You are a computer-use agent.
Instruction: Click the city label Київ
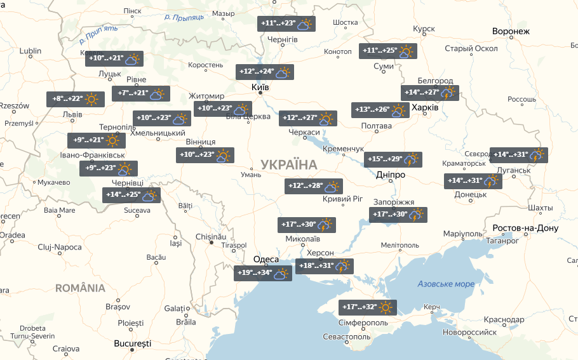260,87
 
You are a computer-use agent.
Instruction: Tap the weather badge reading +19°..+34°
262,274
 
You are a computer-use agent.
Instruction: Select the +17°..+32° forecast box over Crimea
368,307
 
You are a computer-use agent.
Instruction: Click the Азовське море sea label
446,284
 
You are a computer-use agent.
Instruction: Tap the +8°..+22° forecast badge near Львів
75,99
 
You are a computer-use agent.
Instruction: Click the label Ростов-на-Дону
525,229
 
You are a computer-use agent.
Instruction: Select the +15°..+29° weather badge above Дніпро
393,159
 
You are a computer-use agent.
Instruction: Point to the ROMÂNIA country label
80,288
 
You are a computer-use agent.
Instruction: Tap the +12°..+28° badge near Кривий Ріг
314,186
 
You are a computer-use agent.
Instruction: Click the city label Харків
425,108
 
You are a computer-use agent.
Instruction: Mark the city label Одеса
265,259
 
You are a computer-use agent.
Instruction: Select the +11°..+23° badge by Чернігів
286,23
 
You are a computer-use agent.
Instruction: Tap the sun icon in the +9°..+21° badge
112,140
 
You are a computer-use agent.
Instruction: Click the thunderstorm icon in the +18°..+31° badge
342,267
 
